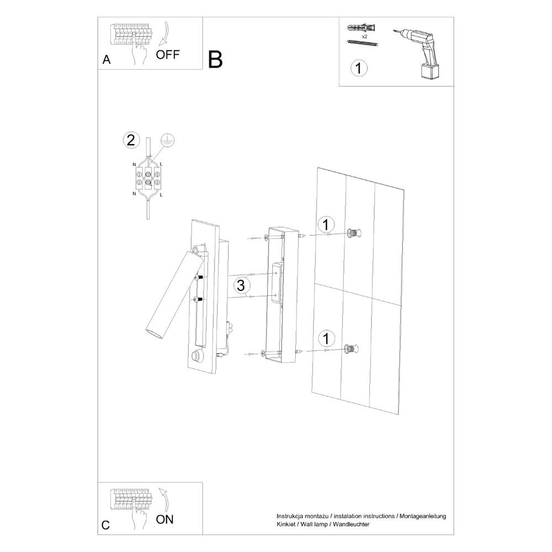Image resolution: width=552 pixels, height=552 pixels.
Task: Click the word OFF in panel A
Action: coord(168,54)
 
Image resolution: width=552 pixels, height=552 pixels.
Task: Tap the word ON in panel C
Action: coord(165,518)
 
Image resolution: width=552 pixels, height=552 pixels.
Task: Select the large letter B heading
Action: coord(216,60)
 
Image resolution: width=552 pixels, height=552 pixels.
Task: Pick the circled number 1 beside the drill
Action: coord(358,68)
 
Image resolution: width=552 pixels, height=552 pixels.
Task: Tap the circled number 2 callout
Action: coord(130,140)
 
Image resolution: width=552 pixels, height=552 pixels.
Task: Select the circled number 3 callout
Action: coord(241,285)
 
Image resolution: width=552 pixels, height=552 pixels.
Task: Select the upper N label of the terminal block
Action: coord(135,165)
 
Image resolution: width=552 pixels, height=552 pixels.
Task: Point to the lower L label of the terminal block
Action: coord(161,194)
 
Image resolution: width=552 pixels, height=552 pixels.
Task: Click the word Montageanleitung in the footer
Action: coord(422,516)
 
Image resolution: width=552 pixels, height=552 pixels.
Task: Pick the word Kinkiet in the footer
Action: coord(286,523)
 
